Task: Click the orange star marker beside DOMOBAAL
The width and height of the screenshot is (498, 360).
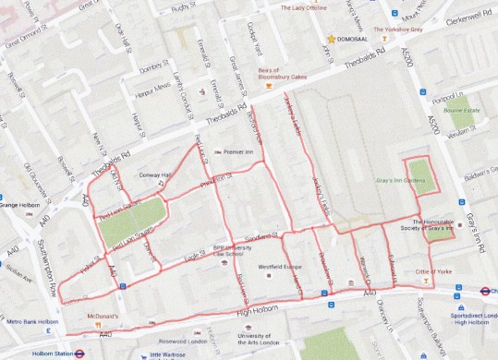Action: click(331, 39)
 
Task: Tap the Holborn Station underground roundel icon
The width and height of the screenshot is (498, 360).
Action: click(80, 351)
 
